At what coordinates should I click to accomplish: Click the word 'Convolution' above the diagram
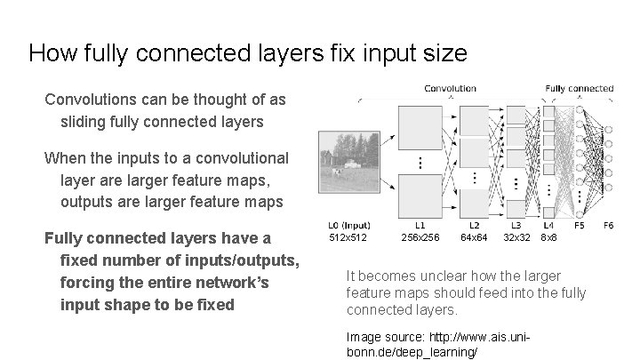pyautogui.click(x=450, y=89)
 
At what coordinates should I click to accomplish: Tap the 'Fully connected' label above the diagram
pyautogui.click(x=579, y=89)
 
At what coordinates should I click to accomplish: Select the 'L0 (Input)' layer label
pyautogui.click(x=349, y=226)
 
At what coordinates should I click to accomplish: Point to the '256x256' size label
pyautogui.click(x=420, y=238)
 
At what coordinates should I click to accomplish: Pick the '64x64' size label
pyautogui.click(x=474, y=238)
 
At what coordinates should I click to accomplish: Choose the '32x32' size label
pyautogui.click(x=517, y=238)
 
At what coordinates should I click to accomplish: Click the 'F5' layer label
pyautogui.click(x=579, y=226)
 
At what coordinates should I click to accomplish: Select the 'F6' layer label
pyautogui.click(x=608, y=226)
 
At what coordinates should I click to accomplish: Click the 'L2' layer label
pyautogui.click(x=474, y=226)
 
